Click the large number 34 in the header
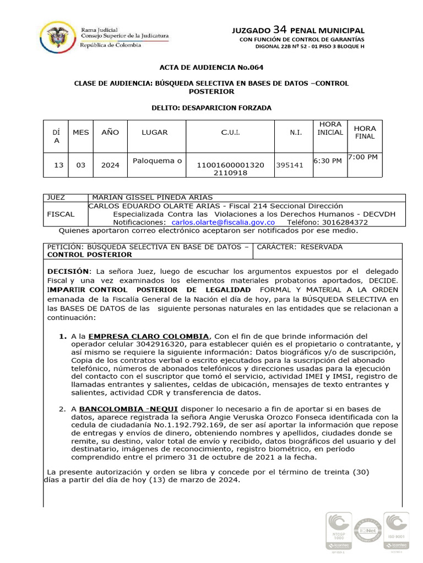280,30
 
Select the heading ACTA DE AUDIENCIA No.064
211,68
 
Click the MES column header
80,133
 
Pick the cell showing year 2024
110,165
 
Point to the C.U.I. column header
230,133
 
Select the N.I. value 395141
290,165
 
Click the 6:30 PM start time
328,161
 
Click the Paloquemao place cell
157,161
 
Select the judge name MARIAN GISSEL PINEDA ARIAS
152,197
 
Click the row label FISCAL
61,214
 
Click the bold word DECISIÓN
68,272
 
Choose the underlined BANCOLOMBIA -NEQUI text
118,410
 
